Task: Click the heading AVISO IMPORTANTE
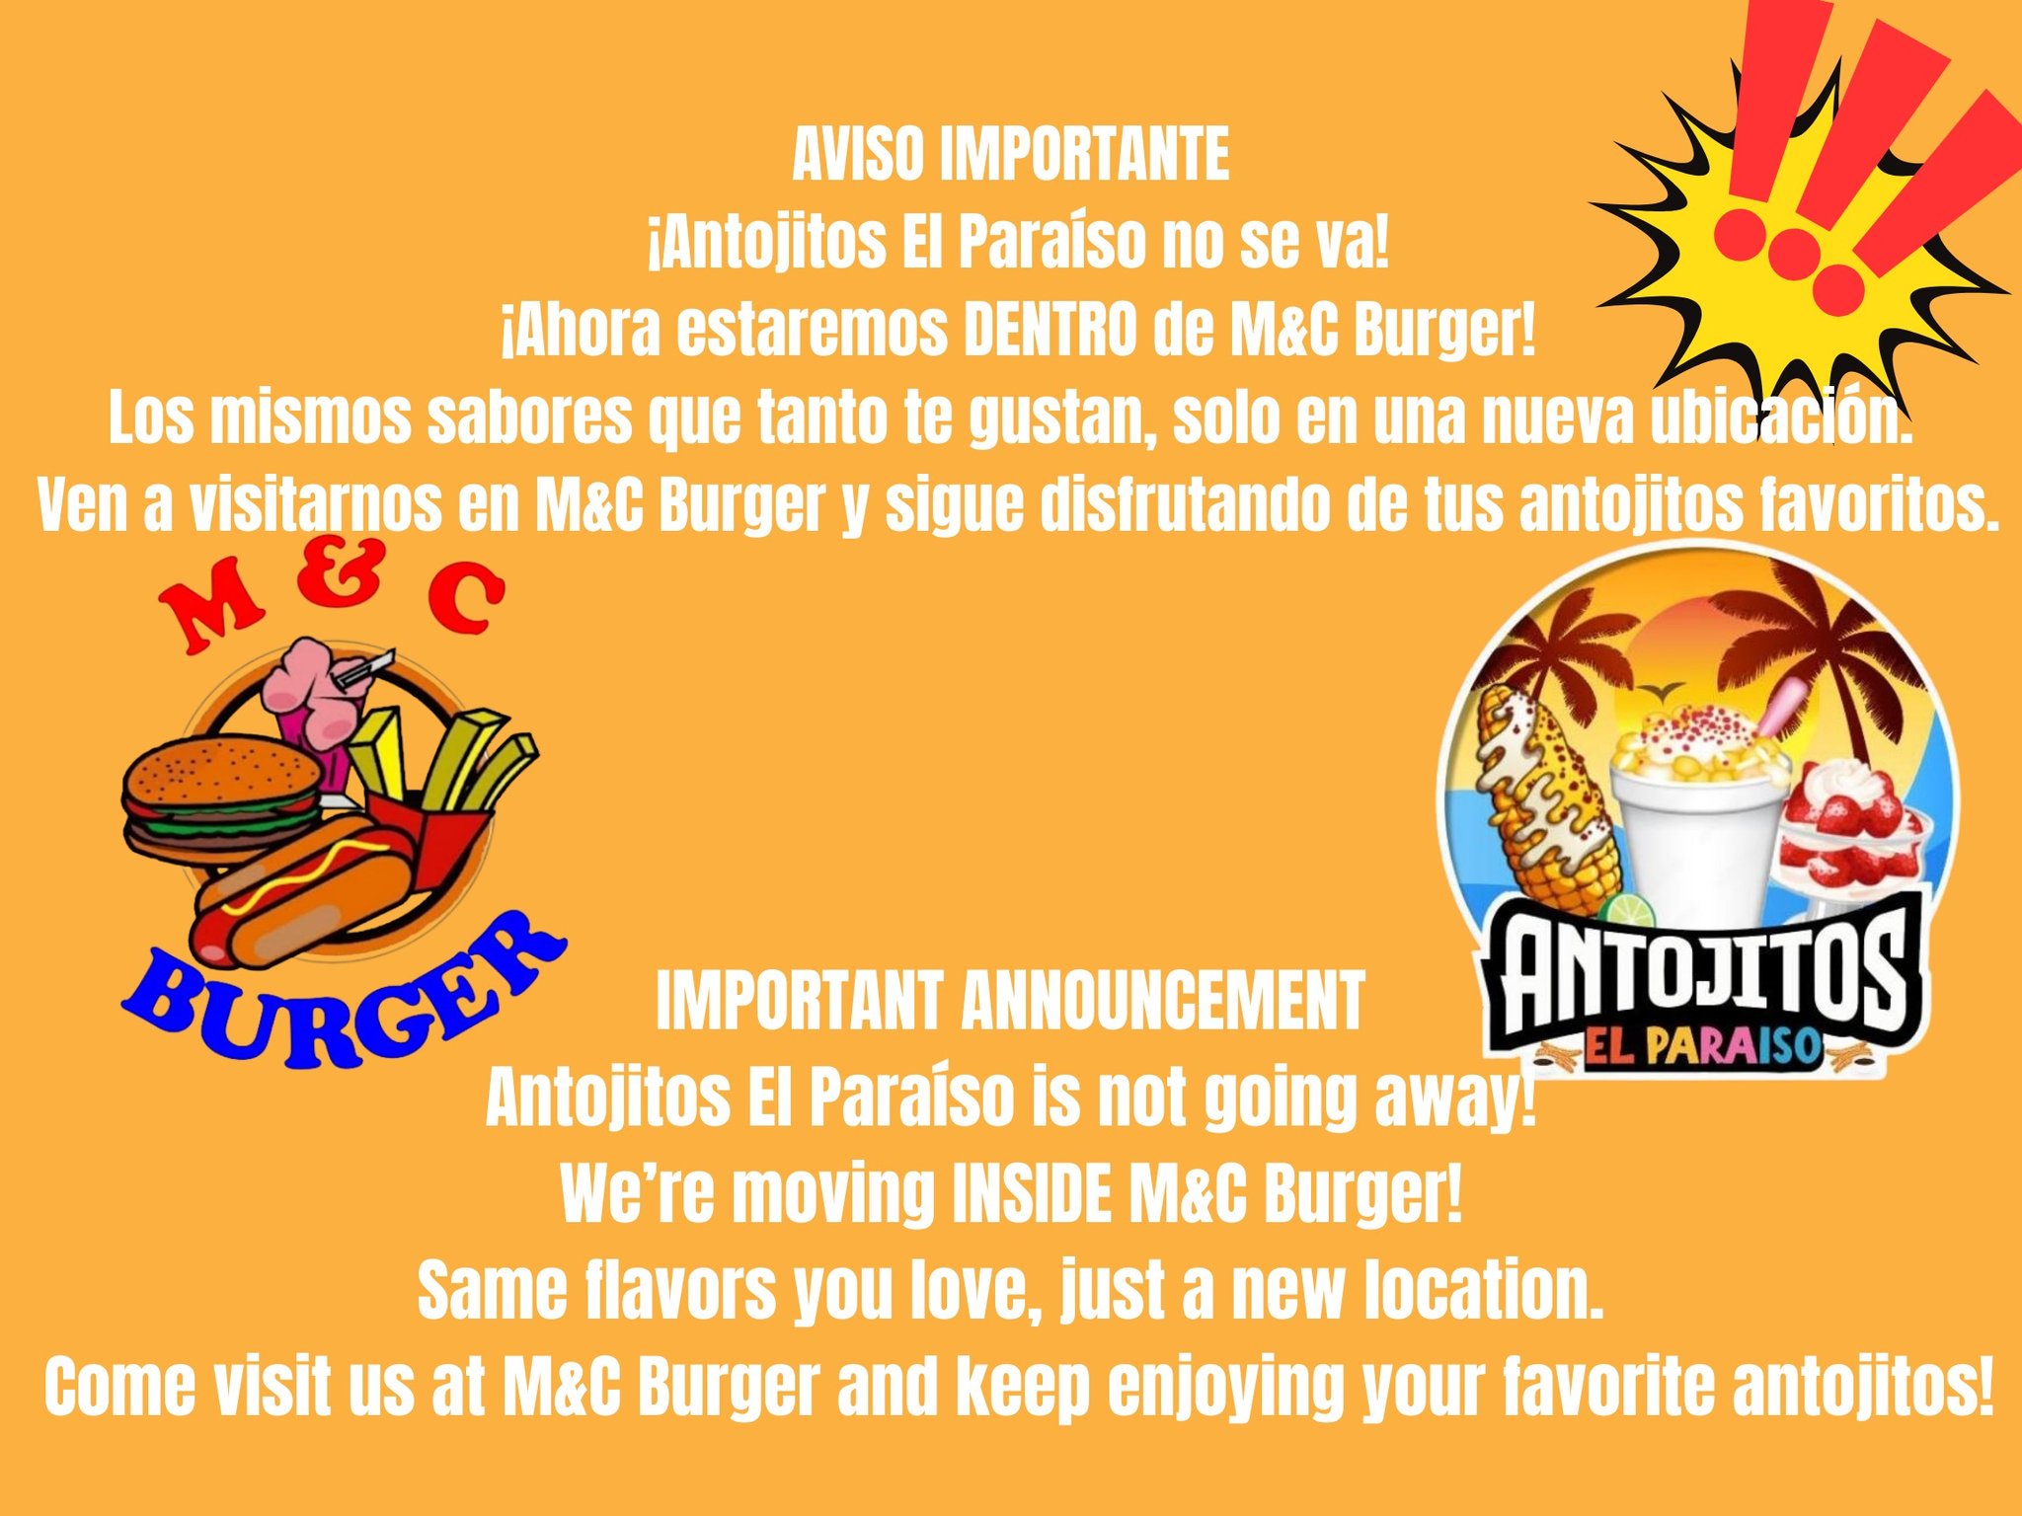tap(1011, 156)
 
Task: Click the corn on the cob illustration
tap(1545, 795)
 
